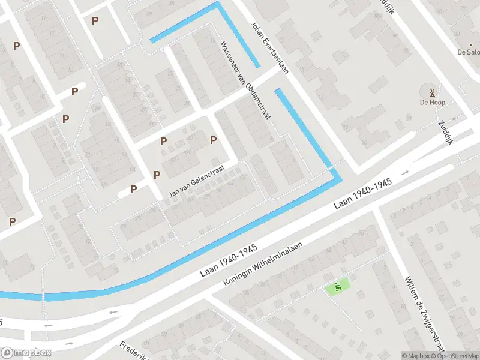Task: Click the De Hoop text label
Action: (431, 103)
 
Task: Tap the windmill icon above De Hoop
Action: (431, 92)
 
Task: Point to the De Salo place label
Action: (469, 52)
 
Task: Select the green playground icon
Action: (338, 287)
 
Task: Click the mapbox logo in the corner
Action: (26, 353)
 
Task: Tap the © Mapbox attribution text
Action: (416, 356)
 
